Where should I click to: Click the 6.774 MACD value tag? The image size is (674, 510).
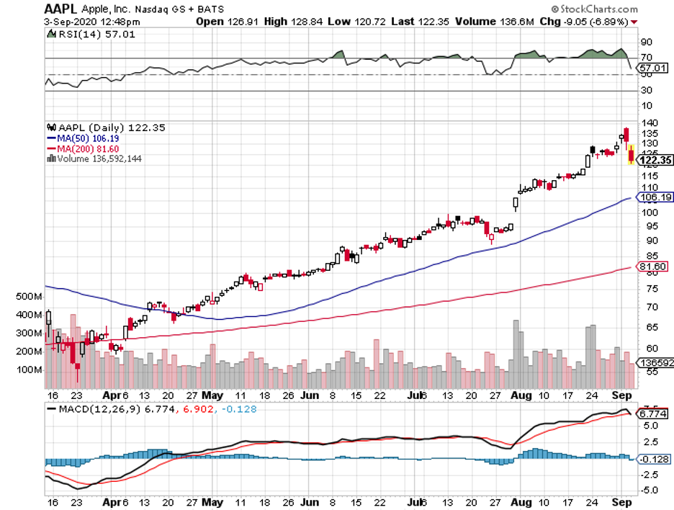click(652, 414)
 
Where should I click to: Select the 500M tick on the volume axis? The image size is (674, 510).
click(28, 296)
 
